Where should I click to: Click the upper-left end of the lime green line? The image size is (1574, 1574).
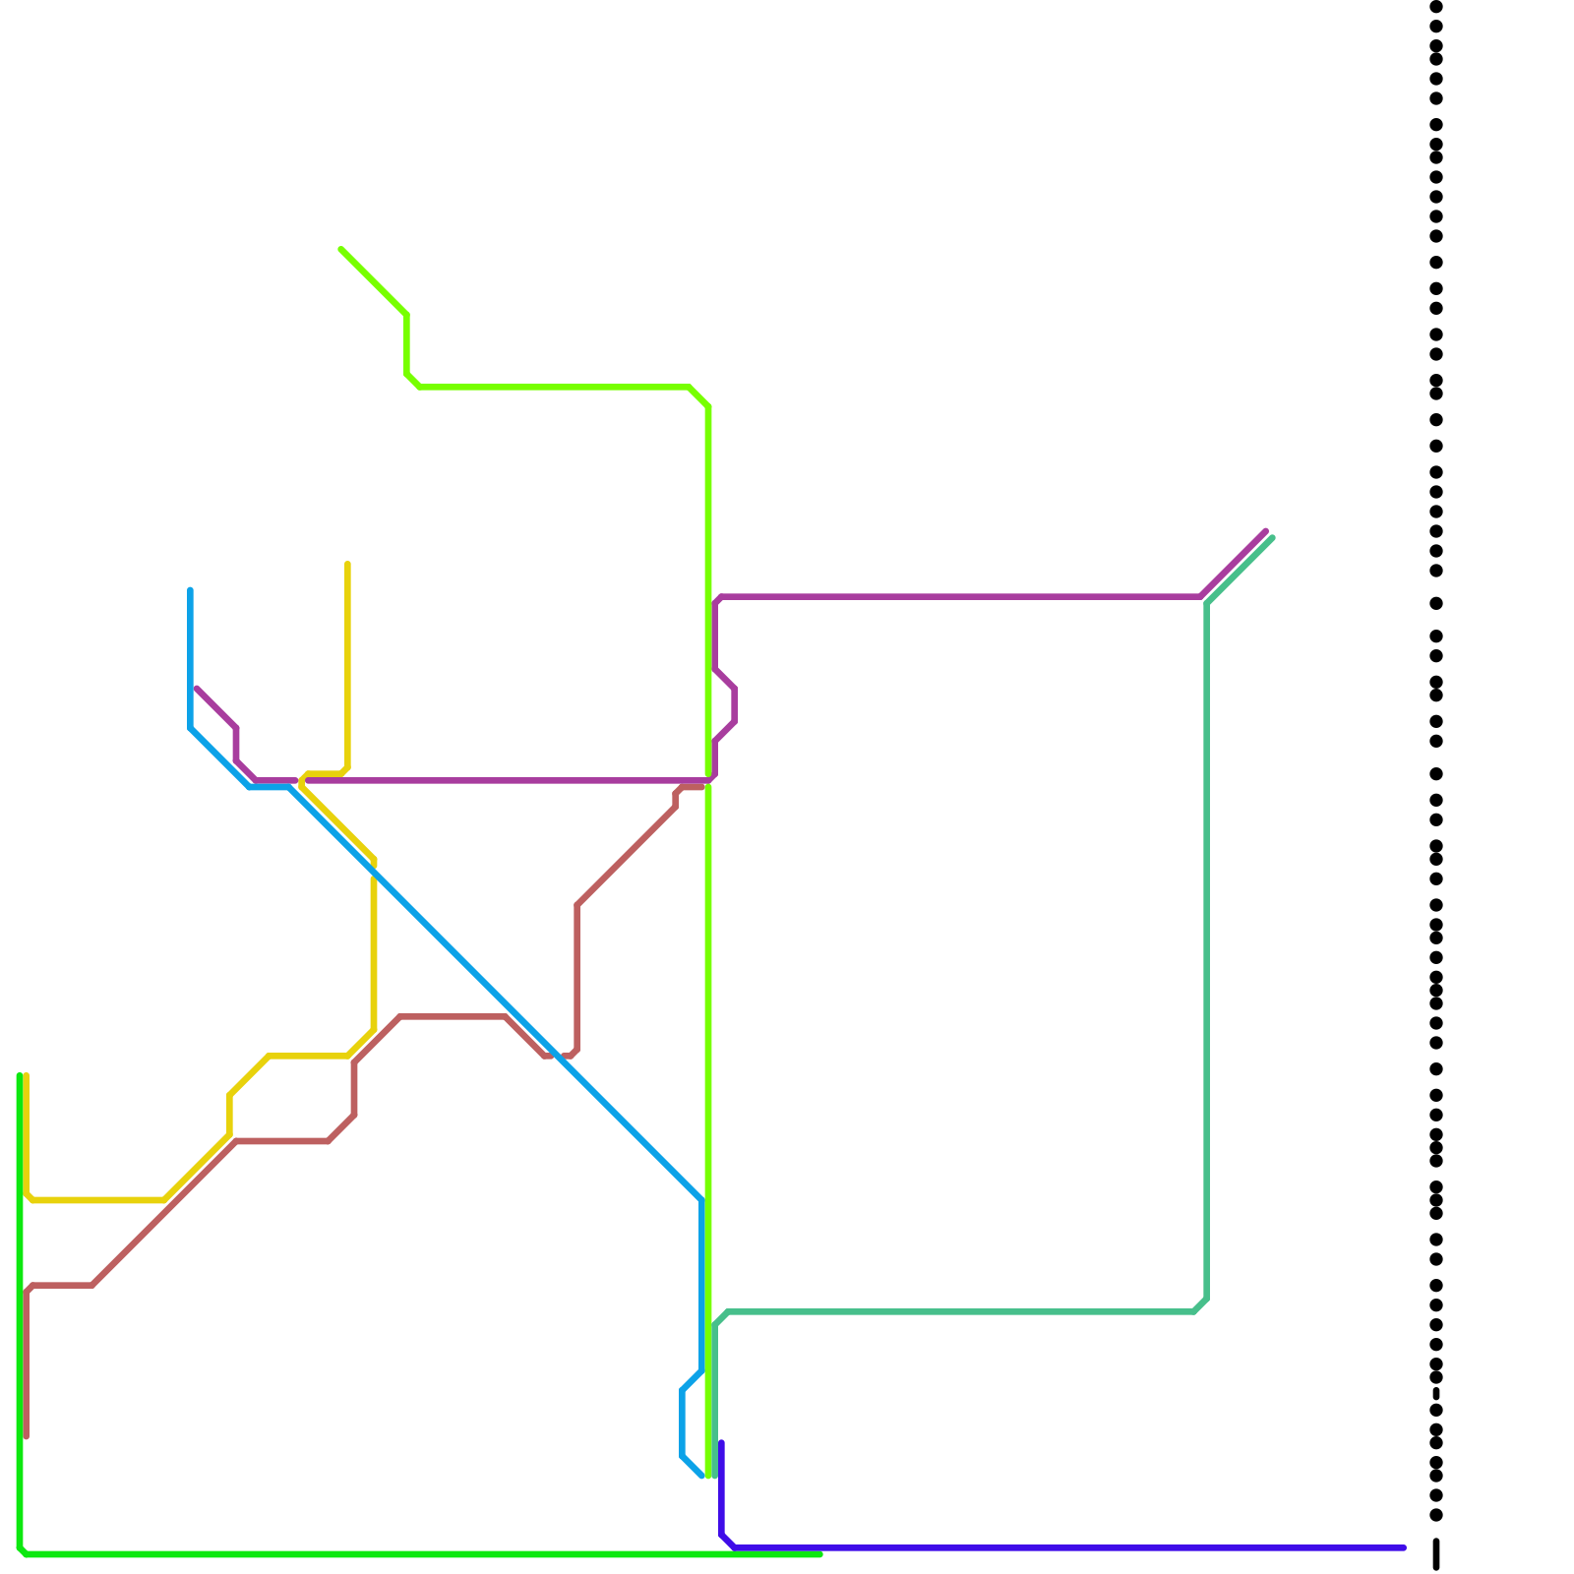(x=341, y=250)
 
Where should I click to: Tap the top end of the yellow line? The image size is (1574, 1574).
(x=347, y=564)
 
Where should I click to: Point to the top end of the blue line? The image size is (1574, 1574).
(x=190, y=590)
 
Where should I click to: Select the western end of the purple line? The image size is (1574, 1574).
(x=198, y=689)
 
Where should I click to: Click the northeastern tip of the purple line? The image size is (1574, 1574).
(x=1266, y=531)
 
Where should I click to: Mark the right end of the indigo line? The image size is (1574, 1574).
(x=1404, y=1547)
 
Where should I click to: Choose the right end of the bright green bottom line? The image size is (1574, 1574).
(x=820, y=1554)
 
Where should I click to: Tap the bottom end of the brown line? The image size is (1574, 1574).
(x=27, y=1437)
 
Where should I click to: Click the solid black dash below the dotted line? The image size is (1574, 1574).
(x=1436, y=1553)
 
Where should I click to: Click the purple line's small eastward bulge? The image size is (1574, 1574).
(x=735, y=705)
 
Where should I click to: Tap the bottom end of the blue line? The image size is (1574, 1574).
(x=701, y=1476)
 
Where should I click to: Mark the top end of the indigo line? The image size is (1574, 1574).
(x=721, y=1442)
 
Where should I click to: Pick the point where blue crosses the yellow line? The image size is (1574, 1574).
(x=373, y=866)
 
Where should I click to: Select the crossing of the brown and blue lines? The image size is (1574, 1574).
(x=559, y=1056)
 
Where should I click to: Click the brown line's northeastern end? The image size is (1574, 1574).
(x=701, y=787)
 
